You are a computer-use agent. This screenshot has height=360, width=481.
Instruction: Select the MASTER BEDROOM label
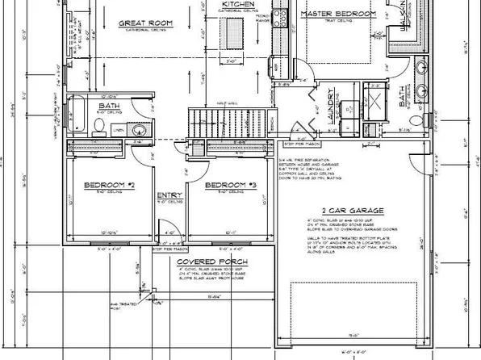338,15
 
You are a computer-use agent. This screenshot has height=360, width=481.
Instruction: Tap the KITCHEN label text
238,5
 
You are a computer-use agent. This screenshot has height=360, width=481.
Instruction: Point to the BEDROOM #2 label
108,185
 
